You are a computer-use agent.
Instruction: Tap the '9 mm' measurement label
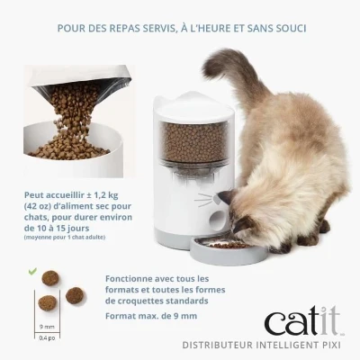47,328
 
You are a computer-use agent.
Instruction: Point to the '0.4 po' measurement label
47,339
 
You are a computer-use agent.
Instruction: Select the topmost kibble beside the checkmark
51,277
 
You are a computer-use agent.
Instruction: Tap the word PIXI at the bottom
334,345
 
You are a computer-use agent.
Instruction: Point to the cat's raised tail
229,72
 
